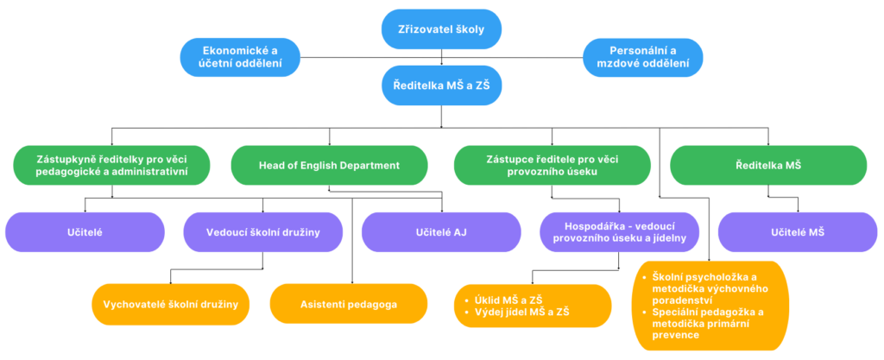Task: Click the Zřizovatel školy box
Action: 442,30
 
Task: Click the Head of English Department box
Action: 330,164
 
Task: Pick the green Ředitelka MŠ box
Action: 768,164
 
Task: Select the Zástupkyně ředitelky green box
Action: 113,164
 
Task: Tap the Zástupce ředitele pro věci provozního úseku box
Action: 553,164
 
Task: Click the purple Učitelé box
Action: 85,231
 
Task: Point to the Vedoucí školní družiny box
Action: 263,231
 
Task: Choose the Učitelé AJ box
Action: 440,231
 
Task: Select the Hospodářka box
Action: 619,231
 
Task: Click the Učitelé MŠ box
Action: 798,231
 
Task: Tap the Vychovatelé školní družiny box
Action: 171,304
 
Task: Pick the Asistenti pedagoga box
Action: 349,304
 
